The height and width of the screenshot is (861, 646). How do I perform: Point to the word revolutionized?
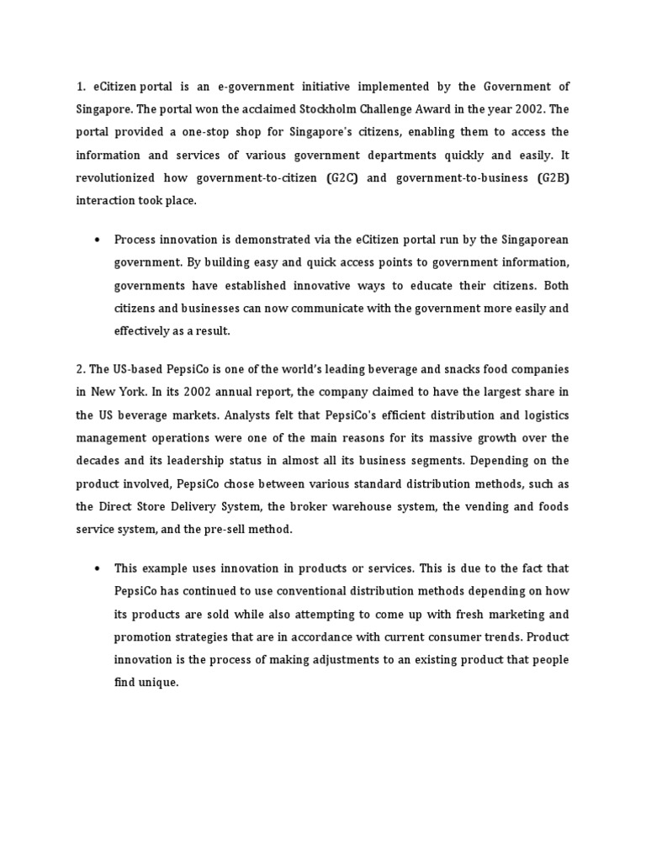pos(117,179)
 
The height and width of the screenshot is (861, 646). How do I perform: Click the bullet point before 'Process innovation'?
pos(98,240)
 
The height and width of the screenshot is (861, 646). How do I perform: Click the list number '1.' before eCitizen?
pos(82,87)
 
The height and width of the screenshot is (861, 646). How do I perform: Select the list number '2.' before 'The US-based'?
pos(81,369)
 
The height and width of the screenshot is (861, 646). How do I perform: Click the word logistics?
pos(543,415)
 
